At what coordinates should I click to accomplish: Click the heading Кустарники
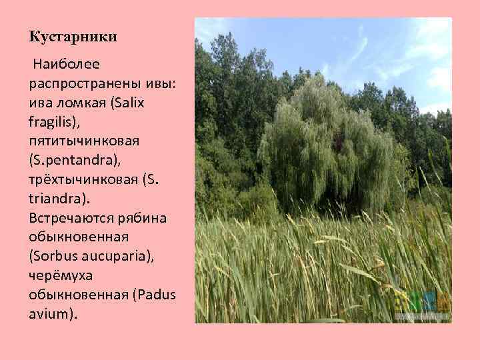(x=73, y=37)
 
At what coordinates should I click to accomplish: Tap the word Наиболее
(x=64, y=65)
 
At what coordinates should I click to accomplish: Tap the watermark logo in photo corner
(x=424, y=306)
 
